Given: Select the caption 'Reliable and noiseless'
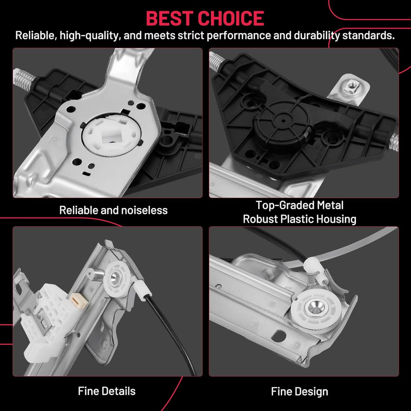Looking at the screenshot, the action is coord(113,210).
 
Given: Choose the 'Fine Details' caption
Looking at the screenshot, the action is coord(107,391).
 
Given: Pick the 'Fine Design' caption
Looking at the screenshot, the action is coord(299,391).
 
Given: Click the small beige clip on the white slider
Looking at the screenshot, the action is coord(77,301).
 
